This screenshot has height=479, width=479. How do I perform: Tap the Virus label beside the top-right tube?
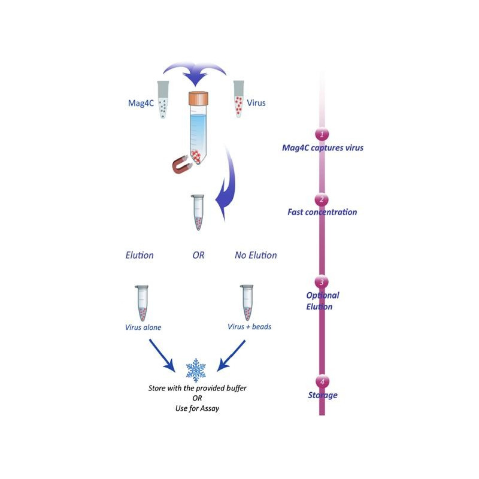click(x=256, y=102)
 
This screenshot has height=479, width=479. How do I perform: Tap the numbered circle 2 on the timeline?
click(x=322, y=199)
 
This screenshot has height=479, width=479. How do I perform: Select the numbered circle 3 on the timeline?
click(x=322, y=282)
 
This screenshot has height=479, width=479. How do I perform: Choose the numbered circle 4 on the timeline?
click(x=322, y=381)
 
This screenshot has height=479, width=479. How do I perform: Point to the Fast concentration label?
click(x=322, y=212)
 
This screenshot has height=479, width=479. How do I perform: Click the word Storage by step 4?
click(x=322, y=395)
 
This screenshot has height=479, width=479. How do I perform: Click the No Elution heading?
click(x=256, y=255)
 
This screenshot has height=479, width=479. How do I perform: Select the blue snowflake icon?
click(x=196, y=370)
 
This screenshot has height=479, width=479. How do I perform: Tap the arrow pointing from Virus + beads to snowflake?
click(x=231, y=356)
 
